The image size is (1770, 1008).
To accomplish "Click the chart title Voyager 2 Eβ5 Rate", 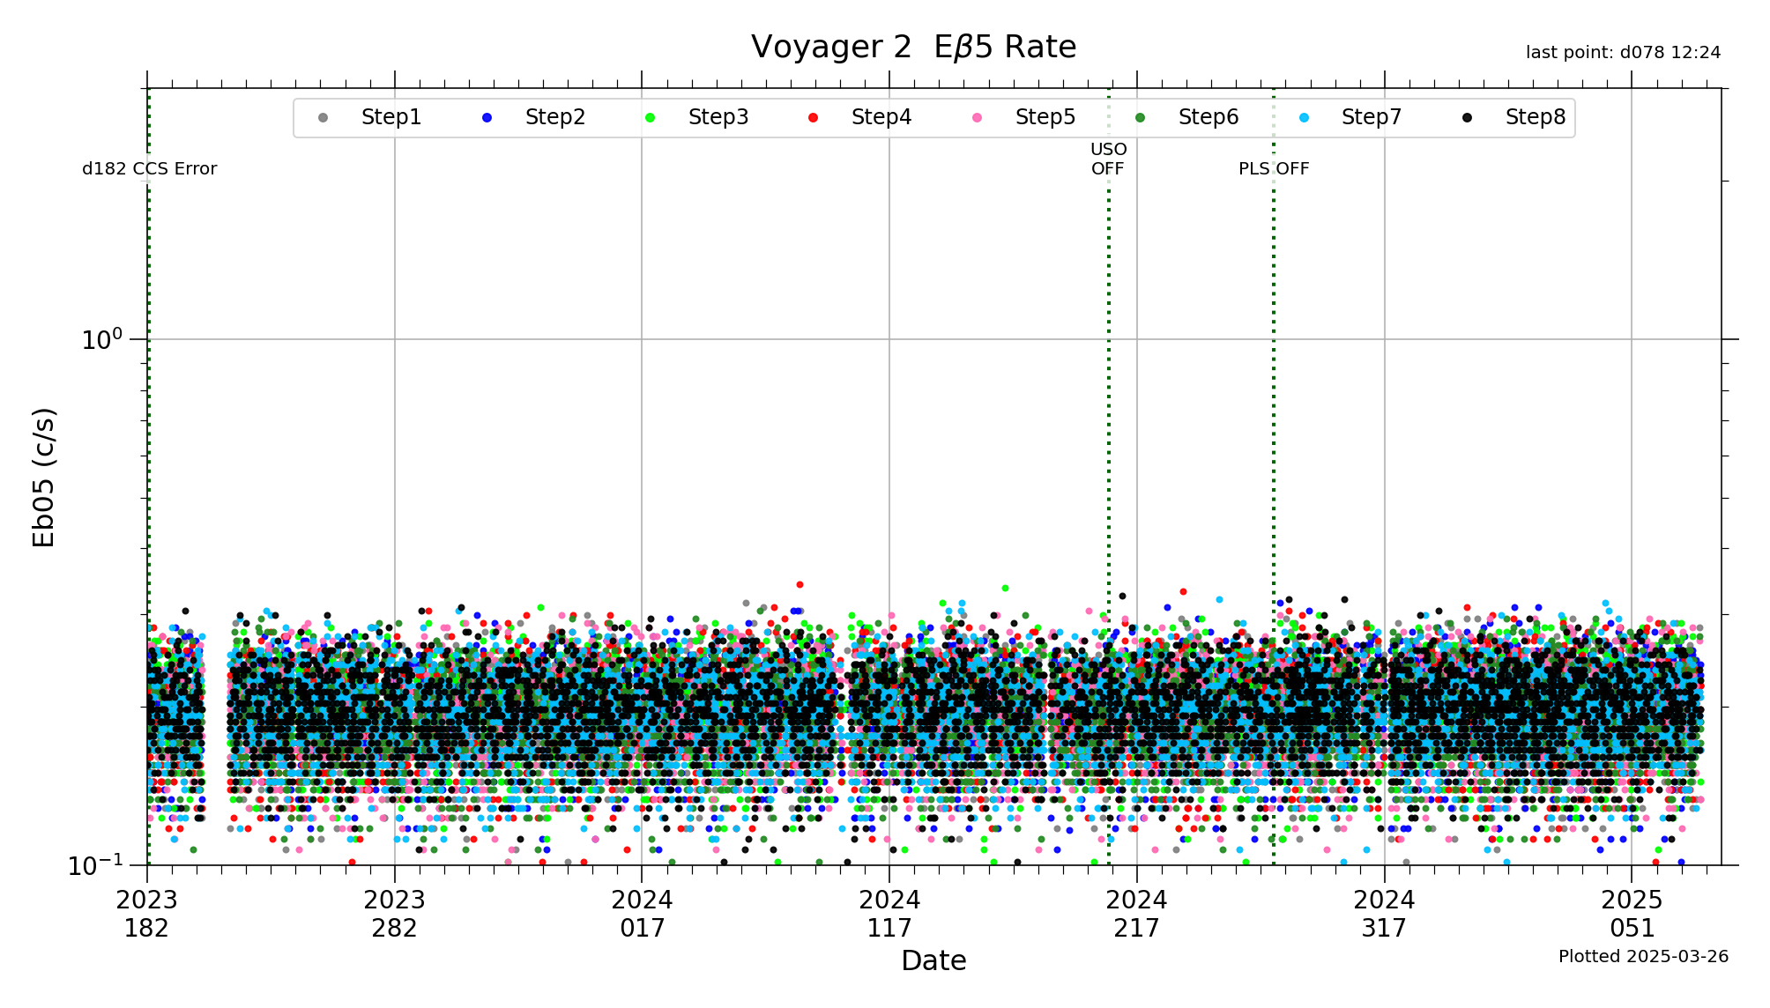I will point(913,47).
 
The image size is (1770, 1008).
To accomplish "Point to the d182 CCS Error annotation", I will point(150,169).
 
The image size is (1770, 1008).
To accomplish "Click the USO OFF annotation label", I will point(1108,159).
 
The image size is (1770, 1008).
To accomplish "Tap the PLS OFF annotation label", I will point(1274,169).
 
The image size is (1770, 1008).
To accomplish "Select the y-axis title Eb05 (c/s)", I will point(44,477).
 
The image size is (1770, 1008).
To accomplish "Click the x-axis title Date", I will point(933,960).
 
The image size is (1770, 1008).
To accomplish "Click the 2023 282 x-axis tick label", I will point(395,914).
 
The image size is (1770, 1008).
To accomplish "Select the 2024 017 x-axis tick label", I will point(642,914).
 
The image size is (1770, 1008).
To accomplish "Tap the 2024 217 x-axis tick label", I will point(1137,914).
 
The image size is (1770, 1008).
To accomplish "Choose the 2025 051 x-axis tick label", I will point(1632,914).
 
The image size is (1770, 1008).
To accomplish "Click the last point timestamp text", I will point(1623,53).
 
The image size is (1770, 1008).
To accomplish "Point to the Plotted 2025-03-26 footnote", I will point(1643,957).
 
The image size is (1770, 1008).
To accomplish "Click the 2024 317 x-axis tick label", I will point(1384,914).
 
